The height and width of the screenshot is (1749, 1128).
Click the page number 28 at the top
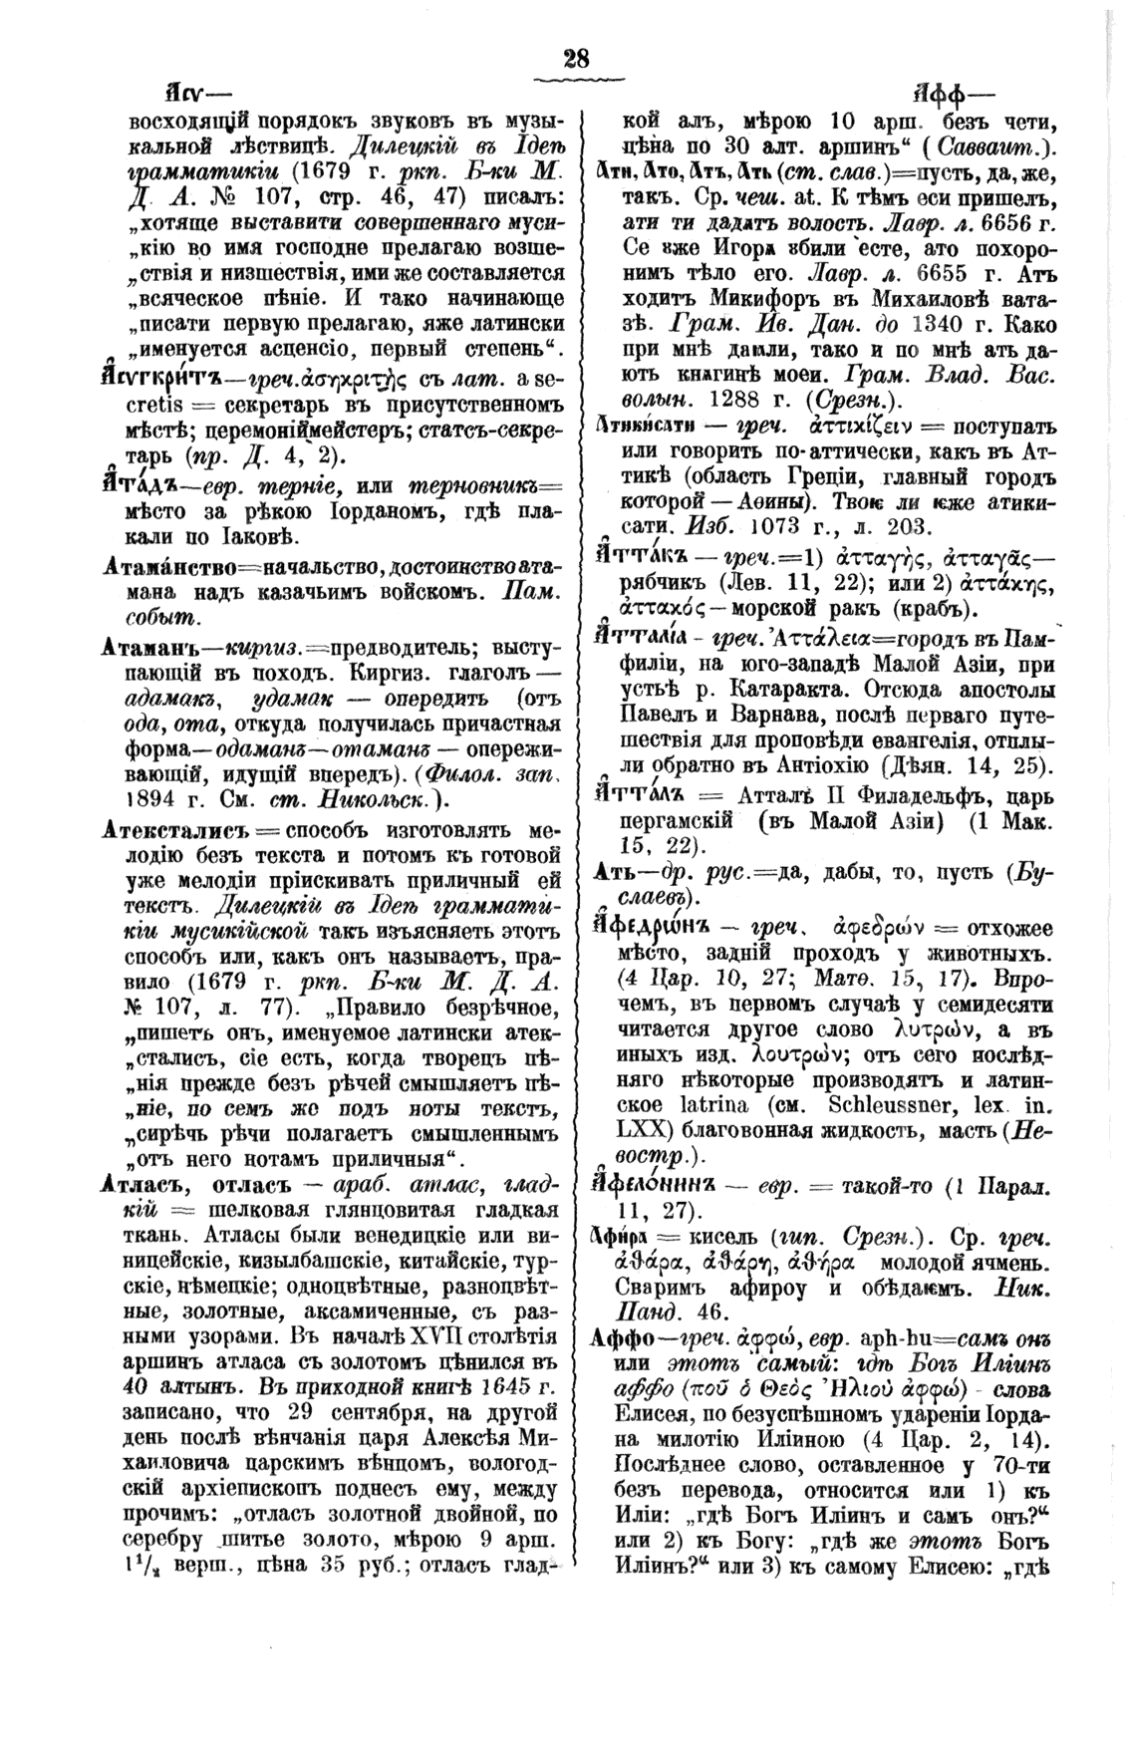[x=575, y=59]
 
